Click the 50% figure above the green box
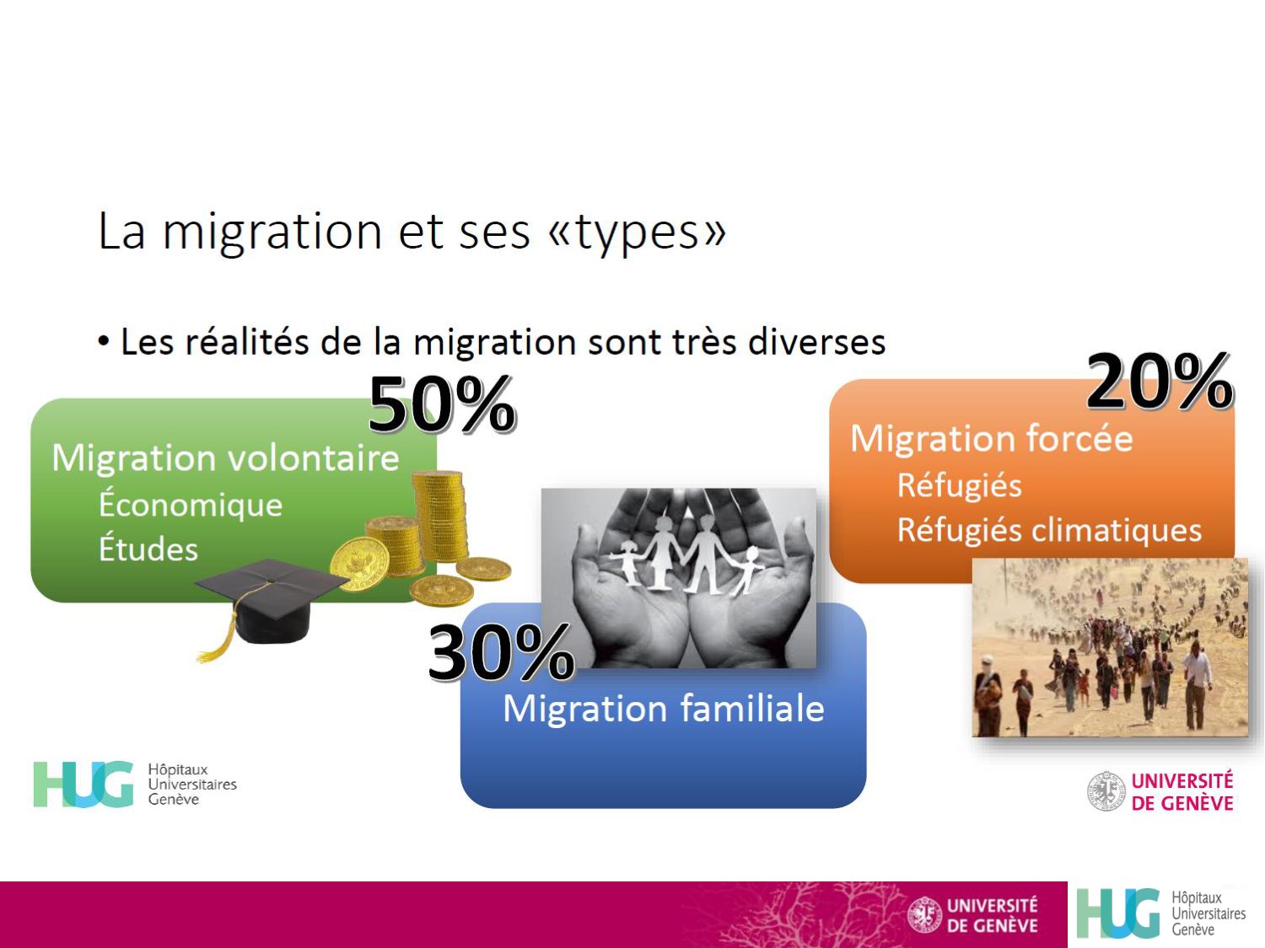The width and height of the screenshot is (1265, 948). click(x=442, y=405)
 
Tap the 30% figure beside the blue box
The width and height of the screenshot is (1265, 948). click(x=501, y=652)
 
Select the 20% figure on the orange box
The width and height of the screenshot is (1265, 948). click(x=1160, y=383)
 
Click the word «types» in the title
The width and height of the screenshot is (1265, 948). click(x=638, y=232)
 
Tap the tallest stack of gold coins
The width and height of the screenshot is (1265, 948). click(x=440, y=516)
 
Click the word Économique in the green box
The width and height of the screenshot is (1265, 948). click(x=191, y=504)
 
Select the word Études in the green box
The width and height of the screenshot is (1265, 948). click(x=148, y=549)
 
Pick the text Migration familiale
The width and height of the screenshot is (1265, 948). click(x=663, y=709)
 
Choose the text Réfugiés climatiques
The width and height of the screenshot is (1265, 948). click(x=1049, y=530)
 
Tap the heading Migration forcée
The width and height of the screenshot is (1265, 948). click(x=991, y=439)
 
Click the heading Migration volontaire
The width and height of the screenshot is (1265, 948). click(x=225, y=458)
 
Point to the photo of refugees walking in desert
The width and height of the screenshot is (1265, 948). click(x=1110, y=647)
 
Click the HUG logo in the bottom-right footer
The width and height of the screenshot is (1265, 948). click(x=1160, y=913)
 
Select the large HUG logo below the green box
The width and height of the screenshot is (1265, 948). click(x=83, y=785)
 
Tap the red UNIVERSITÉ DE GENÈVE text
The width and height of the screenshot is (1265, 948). click(x=1182, y=792)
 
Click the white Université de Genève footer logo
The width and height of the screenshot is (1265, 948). click(x=972, y=915)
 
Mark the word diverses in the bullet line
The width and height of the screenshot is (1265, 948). click(x=816, y=342)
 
